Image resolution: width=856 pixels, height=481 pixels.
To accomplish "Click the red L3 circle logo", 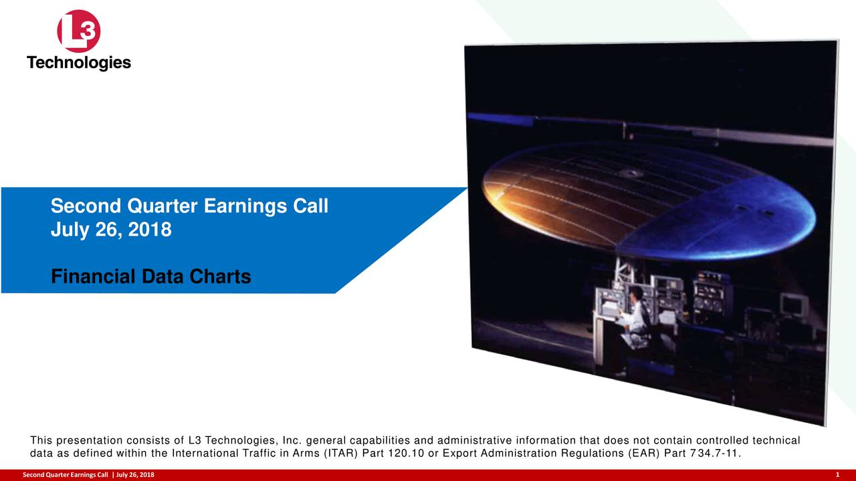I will click(x=79, y=31).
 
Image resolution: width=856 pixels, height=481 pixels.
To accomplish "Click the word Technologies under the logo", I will click(x=79, y=63).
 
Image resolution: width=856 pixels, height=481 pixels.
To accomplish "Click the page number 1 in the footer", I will click(x=837, y=475).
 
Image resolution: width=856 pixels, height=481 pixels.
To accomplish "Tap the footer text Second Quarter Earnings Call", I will click(x=65, y=475).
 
